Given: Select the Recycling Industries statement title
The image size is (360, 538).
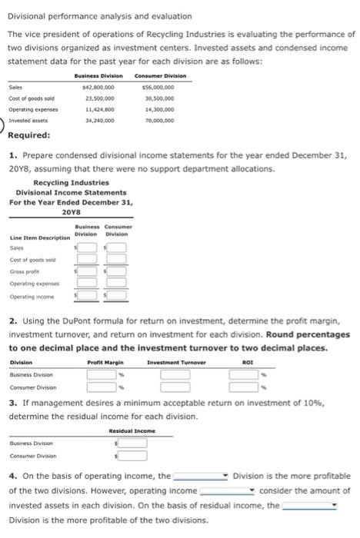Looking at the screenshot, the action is (72, 182).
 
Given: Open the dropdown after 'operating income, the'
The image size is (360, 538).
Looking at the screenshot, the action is (201, 476).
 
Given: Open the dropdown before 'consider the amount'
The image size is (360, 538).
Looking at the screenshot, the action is (228, 490).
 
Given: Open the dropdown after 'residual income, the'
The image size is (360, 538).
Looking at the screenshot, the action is (309, 505).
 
